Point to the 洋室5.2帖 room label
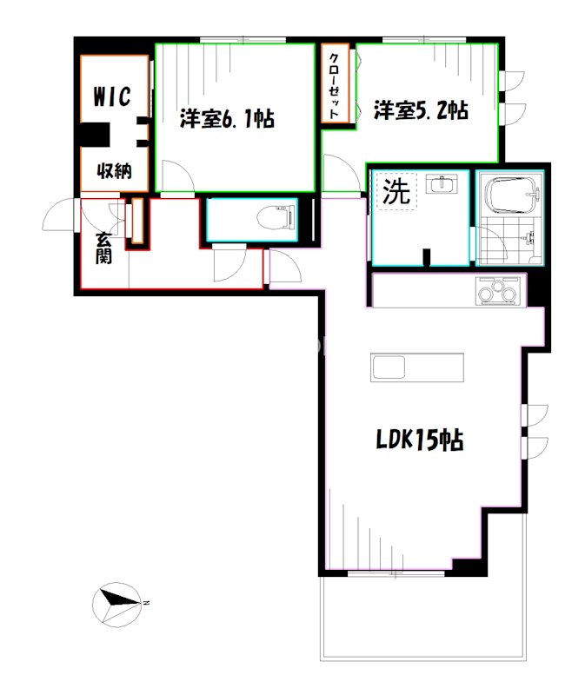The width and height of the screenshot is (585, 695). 422,110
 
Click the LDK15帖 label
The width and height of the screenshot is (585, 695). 418,440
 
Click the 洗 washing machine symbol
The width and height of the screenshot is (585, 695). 396,191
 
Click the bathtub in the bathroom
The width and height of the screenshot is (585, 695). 510,195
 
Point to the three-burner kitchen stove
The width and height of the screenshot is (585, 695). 498,289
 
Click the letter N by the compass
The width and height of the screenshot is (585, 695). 147,601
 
